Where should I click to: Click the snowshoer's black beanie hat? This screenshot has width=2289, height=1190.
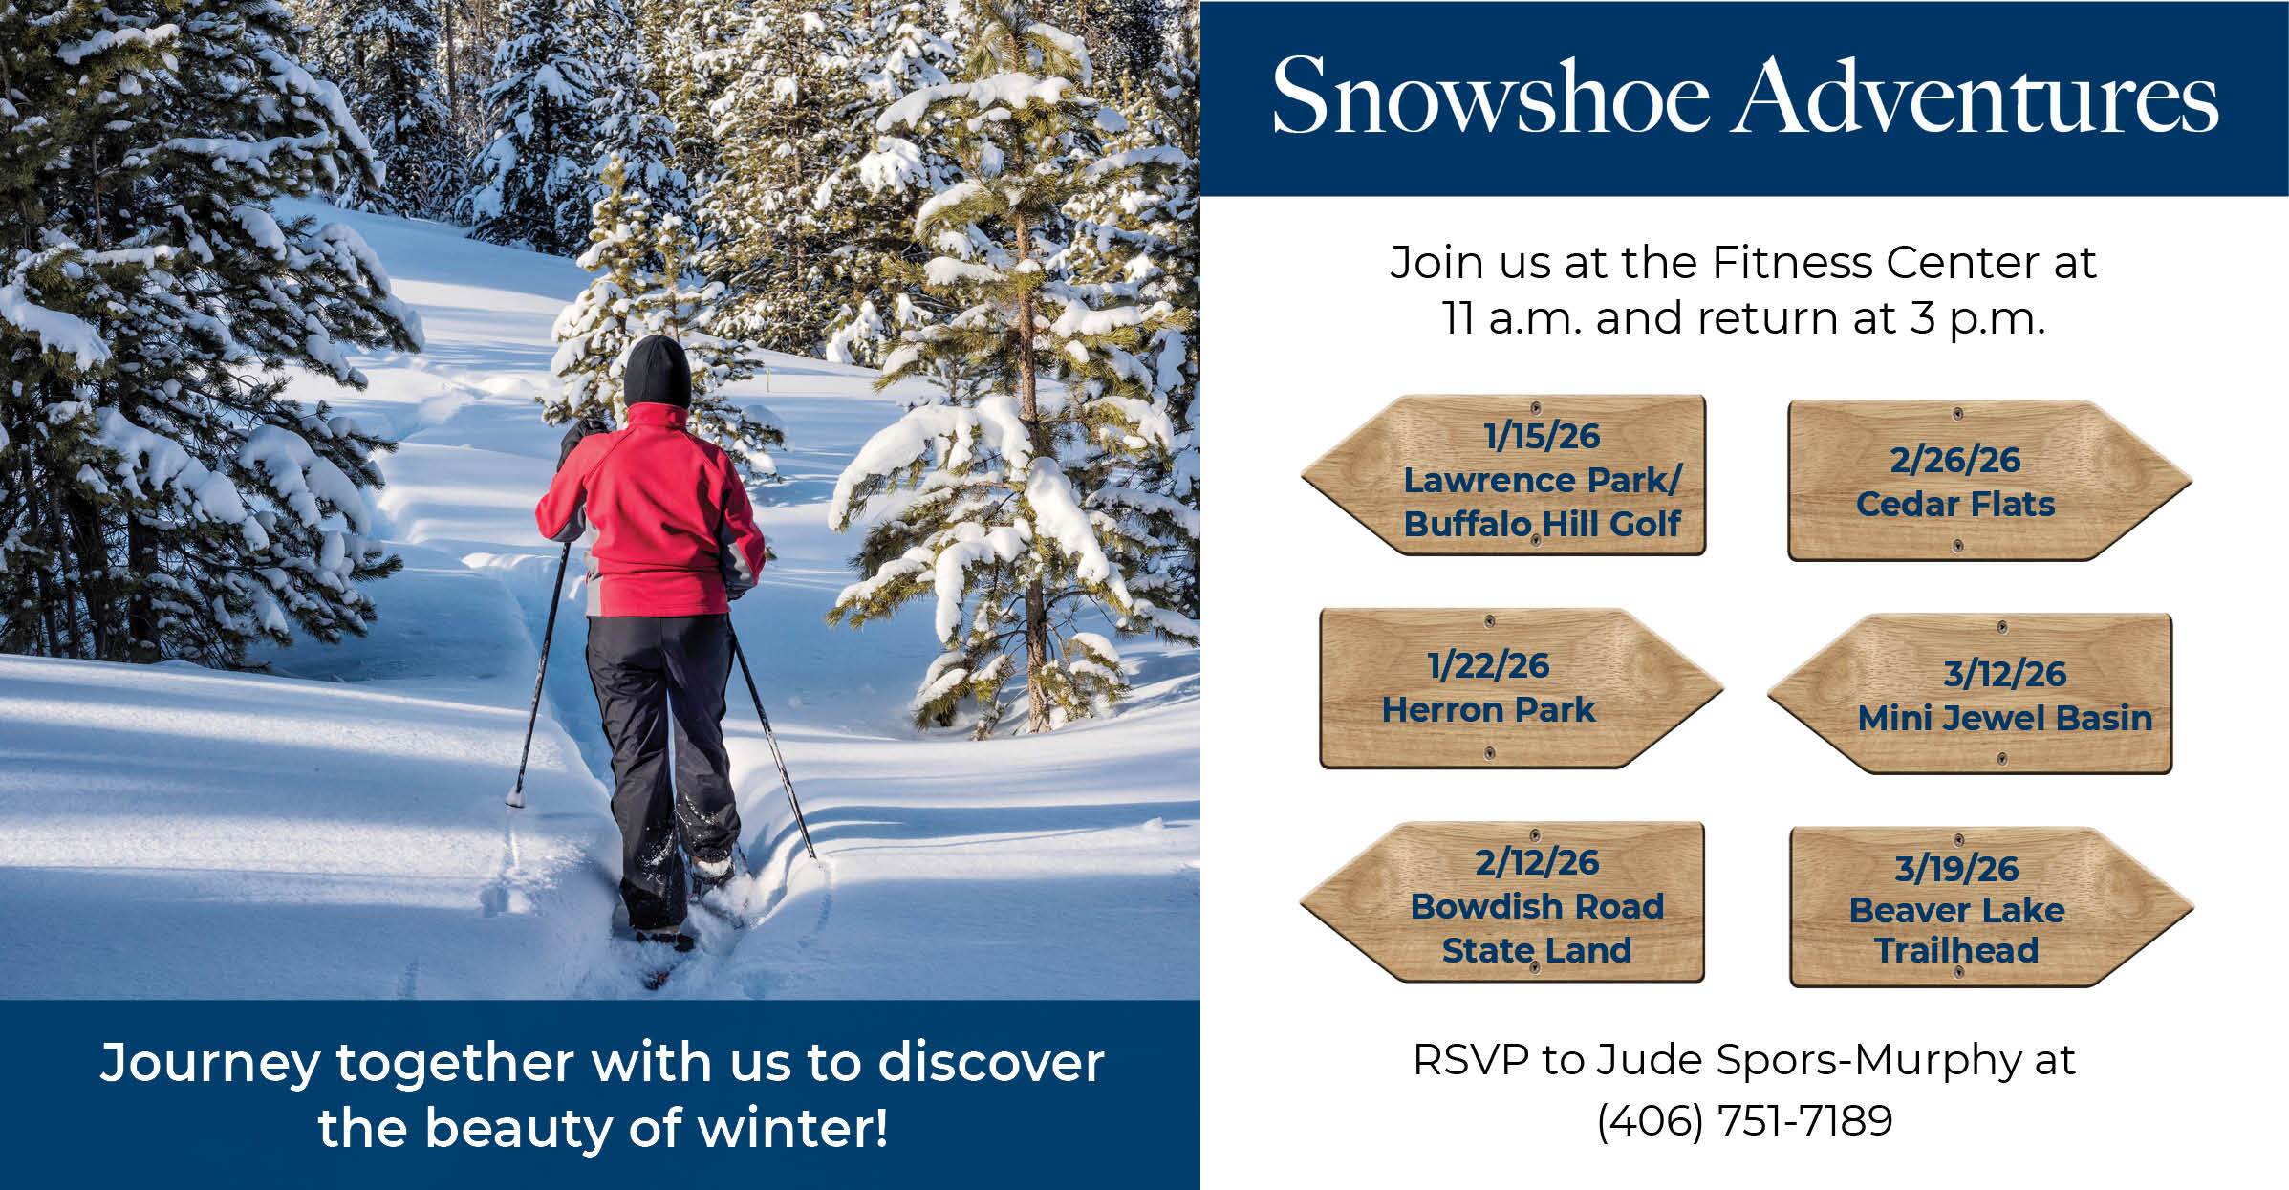[x=658, y=371]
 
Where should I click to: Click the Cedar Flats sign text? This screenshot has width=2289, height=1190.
[x=1955, y=504]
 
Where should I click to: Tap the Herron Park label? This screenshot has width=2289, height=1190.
[x=1489, y=709]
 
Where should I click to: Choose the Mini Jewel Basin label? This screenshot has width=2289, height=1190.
[x=2005, y=718]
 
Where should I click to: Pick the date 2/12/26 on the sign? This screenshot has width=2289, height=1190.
[x=1537, y=862]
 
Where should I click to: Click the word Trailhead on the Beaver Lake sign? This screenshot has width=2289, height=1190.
[x=1956, y=950]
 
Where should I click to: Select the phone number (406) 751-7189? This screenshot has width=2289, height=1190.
[x=1744, y=1120]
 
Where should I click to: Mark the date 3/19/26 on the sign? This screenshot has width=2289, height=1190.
[x=1956, y=869]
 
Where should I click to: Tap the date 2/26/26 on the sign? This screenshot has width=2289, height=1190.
[x=1954, y=461]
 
